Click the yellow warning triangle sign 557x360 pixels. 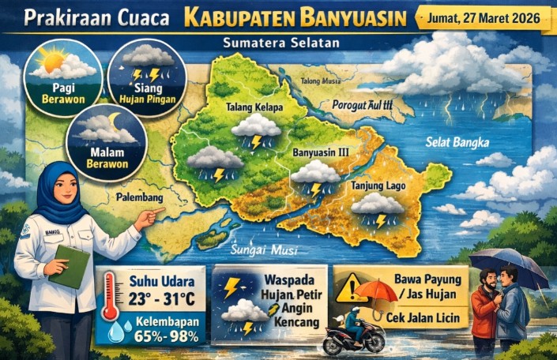click(351, 289)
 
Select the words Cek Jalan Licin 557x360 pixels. click(425, 317)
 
